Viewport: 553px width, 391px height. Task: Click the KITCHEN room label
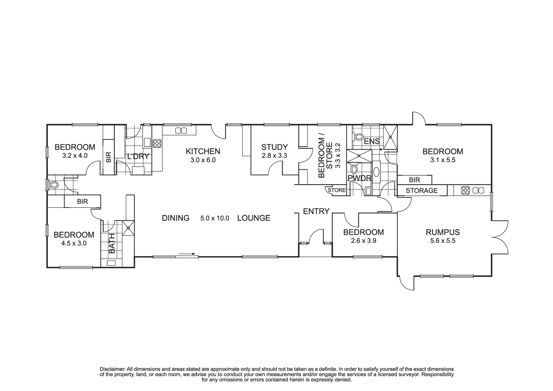[203, 151]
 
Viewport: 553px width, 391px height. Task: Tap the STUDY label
[274, 147]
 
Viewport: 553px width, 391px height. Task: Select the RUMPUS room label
[443, 232]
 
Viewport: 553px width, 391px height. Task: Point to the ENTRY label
[316, 211]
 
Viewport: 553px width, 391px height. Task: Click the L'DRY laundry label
[138, 157]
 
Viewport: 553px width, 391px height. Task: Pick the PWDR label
[359, 178]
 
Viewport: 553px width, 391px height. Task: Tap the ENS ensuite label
[372, 141]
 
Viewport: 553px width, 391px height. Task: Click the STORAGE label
[421, 190]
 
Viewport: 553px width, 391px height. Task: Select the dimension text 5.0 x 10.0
[215, 218]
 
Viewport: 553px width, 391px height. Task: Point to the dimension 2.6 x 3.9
[363, 240]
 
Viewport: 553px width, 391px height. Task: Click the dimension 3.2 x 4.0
[75, 156]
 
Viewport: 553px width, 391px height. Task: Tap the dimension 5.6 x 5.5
[443, 241]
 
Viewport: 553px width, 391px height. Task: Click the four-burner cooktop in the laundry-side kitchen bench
[157, 143]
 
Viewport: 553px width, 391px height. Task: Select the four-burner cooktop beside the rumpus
[465, 190]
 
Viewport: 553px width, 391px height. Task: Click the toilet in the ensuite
[358, 137]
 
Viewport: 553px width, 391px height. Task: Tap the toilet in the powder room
[354, 169]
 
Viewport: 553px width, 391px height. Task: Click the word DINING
[176, 218]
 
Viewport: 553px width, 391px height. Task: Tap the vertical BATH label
[111, 243]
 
